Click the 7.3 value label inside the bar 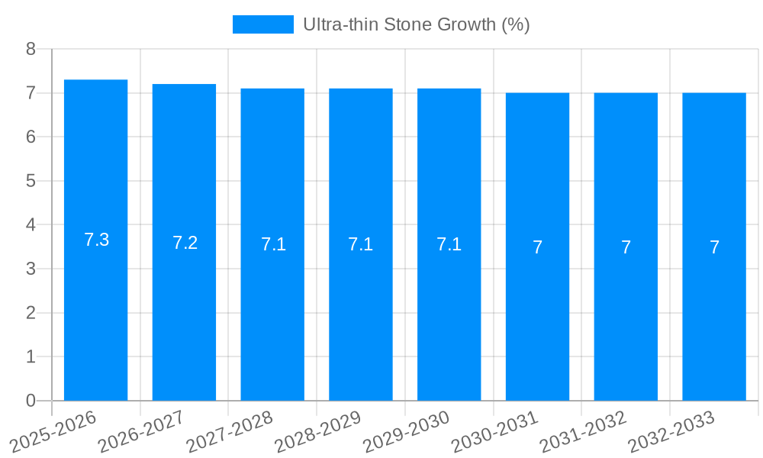click(x=96, y=240)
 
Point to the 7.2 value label click(x=185, y=243)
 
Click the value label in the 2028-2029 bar click(x=360, y=244)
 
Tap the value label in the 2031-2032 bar click(x=626, y=247)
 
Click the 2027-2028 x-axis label click(x=230, y=431)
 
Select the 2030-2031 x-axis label click(x=494, y=431)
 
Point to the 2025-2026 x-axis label click(x=53, y=431)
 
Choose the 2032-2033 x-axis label click(x=671, y=431)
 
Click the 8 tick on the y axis click(x=31, y=49)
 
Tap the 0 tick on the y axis click(x=31, y=401)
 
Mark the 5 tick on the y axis click(x=31, y=181)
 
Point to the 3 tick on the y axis click(x=31, y=269)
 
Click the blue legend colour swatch click(x=262, y=24)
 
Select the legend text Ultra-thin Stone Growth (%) click(x=416, y=24)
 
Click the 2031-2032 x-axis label click(x=583, y=431)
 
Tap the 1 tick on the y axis click(x=31, y=356)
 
